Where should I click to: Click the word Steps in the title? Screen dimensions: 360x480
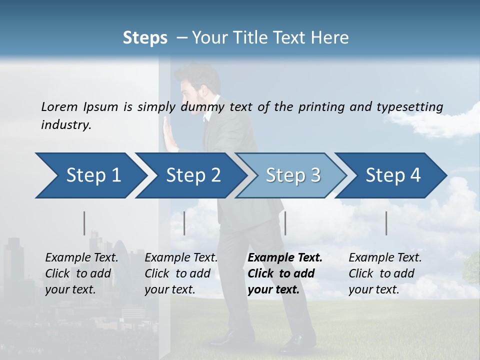145,38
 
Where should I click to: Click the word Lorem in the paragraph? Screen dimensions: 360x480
59,106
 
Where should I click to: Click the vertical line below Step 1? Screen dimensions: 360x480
84,223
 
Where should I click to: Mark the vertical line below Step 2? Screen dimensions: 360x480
184,223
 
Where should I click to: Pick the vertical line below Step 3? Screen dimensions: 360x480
285,223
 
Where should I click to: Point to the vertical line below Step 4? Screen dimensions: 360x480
386,223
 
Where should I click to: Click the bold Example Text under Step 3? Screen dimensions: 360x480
285,258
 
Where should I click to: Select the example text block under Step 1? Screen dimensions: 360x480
81,273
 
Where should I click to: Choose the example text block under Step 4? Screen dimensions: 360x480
385,273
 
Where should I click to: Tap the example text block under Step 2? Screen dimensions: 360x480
181,273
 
